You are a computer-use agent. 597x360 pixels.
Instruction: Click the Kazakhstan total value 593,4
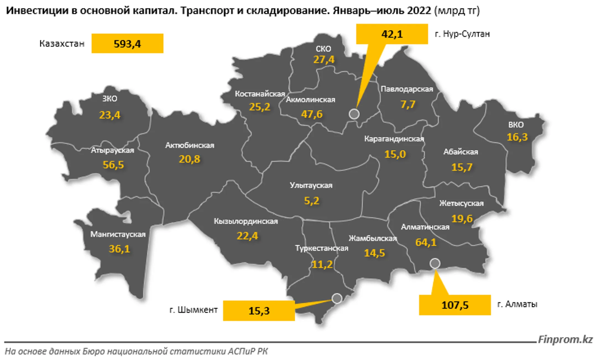click(x=127, y=44)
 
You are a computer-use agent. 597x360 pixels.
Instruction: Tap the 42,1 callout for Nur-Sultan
click(x=392, y=34)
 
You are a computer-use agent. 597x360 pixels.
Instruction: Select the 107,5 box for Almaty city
click(x=455, y=305)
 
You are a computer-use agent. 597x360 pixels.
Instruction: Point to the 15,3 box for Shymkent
click(x=259, y=311)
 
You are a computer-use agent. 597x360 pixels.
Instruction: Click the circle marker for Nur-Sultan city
click(x=354, y=114)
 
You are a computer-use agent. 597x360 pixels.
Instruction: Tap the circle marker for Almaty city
click(x=435, y=263)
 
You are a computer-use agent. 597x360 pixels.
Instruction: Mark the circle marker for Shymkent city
click(x=337, y=298)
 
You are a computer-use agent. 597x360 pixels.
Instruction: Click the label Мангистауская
click(x=118, y=234)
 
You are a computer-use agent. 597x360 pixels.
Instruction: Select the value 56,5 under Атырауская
click(x=113, y=165)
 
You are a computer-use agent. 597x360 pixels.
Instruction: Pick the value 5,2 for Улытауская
click(x=311, y=201)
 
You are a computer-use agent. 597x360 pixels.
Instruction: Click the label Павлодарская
click(x=407, y=89)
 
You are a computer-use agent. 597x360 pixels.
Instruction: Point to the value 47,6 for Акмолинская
click(x=312, y=114)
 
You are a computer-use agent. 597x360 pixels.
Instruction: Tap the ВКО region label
click(x=516, y=125)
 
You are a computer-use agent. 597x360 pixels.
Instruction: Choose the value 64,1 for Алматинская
click(x=426, y=242)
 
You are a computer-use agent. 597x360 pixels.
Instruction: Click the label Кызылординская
click(x=246, y=221)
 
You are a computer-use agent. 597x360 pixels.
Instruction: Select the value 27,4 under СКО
click(x=324, y=60)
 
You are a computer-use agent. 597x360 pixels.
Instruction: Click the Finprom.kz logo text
click(x=565, y=339)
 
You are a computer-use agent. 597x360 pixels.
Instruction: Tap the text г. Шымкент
click(x=193, y=310)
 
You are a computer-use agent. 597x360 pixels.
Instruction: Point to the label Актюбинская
click(x=190, y=145)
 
